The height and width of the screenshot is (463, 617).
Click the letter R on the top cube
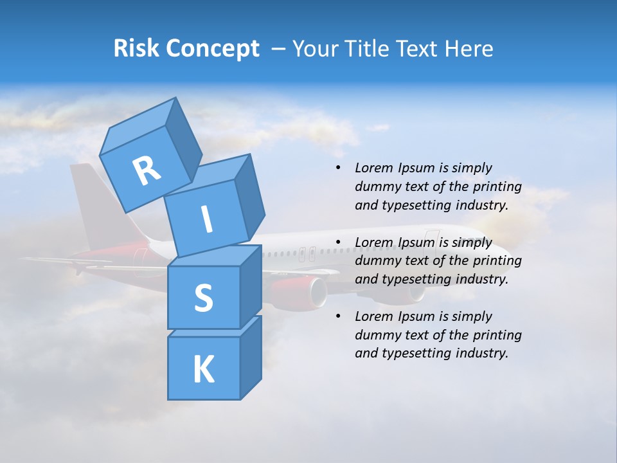(147, 170)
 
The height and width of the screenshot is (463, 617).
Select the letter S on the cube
(203, 298)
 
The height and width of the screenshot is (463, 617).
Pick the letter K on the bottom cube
(203, 369)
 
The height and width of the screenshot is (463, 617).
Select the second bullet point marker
(338, 242)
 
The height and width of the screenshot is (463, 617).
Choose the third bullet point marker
(338, 316)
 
